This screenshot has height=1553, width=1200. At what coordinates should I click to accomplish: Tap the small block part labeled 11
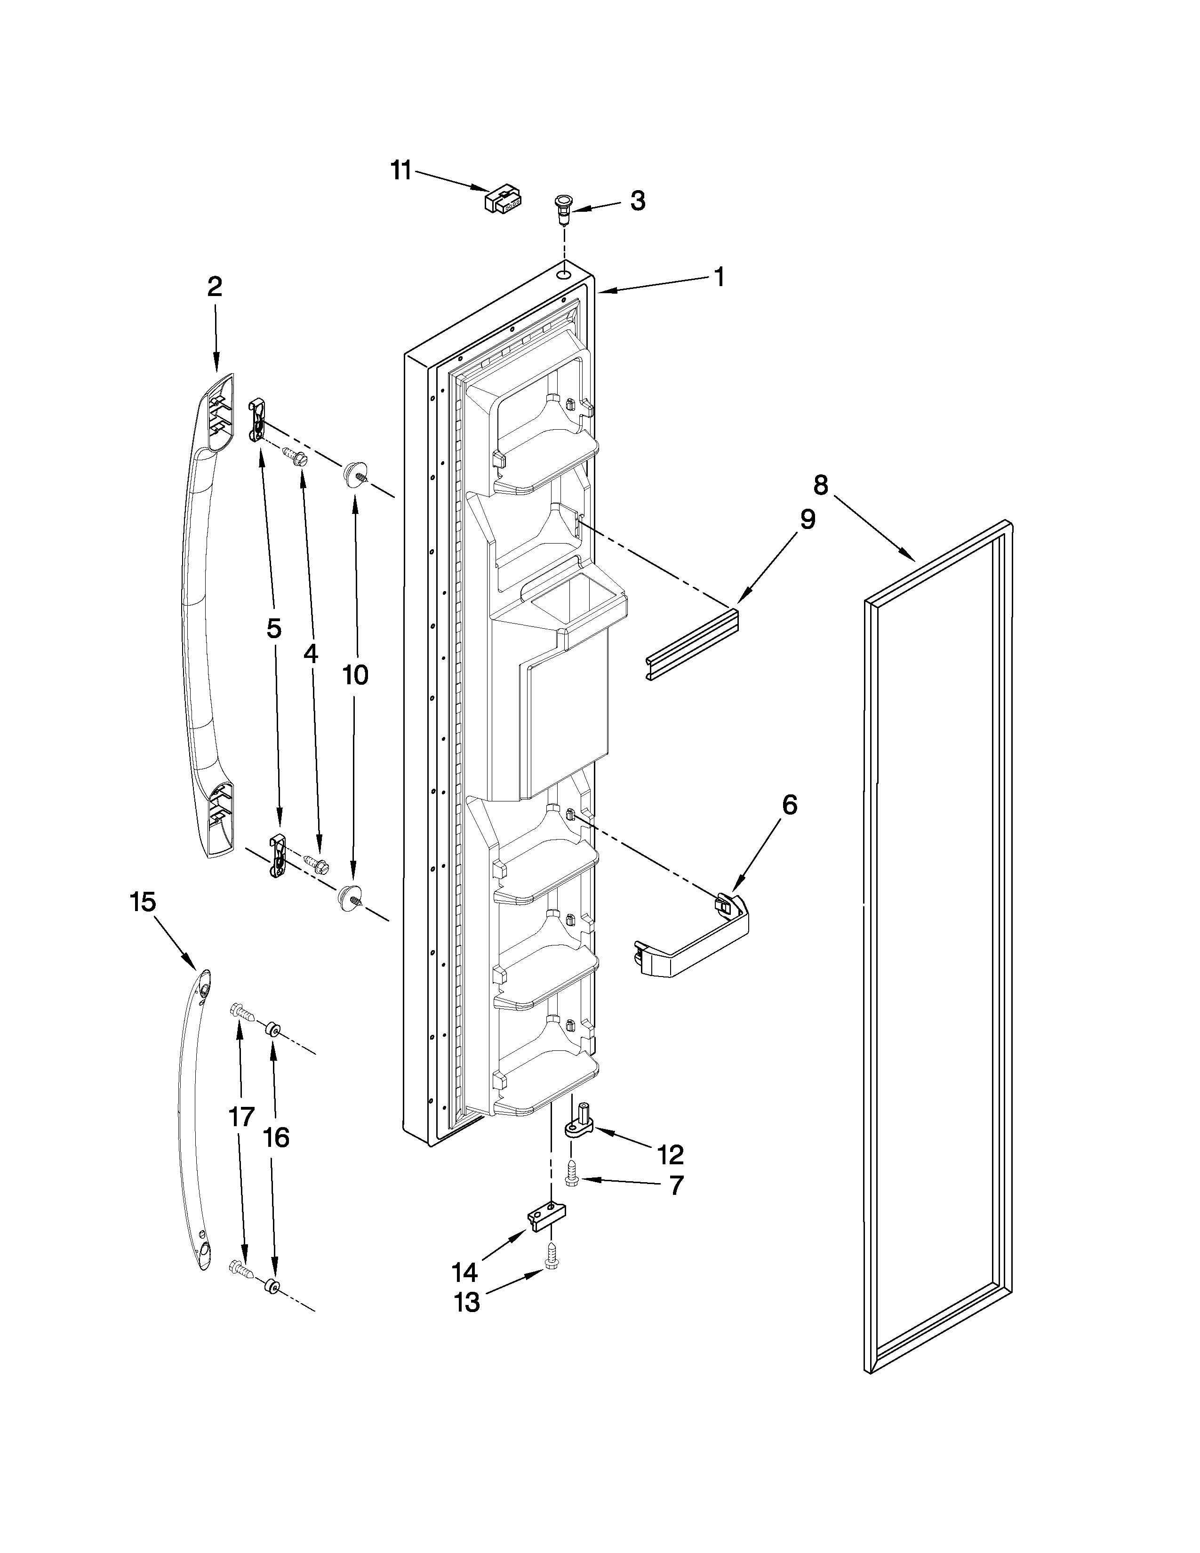click(x=503, y=199)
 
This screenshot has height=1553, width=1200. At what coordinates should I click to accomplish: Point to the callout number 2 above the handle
click(x=215, y=287)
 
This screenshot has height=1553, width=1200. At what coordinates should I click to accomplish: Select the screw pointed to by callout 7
click(x=571, y=1174)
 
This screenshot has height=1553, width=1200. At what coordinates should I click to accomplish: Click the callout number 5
click(x=274, y=629)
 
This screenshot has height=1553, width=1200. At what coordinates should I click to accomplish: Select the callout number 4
click(x=311, y=654)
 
